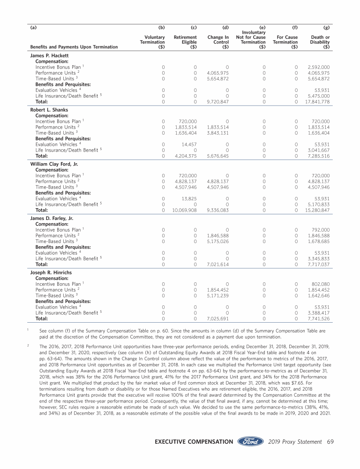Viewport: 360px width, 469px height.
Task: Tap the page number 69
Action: (330, 441)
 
